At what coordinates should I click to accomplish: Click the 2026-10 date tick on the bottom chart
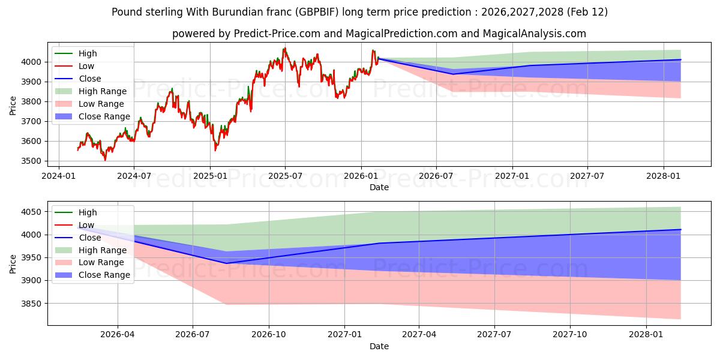269,334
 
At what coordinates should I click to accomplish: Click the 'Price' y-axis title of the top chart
13,105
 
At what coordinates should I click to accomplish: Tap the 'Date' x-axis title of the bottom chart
379,346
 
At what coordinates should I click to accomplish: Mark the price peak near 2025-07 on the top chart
285,48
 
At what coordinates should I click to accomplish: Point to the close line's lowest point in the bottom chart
227,263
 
